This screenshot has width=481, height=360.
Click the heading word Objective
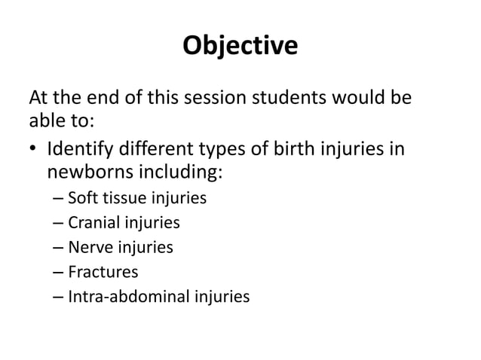click(x=240, y=47)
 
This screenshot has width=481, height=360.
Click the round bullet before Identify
click(x=33, y=148)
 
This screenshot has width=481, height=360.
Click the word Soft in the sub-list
click(x=81, y=200)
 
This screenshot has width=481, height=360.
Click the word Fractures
click(x=103, y=271)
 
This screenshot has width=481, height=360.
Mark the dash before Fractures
click(x=58, y=272)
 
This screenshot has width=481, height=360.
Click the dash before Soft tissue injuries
click(x=58, y=200)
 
